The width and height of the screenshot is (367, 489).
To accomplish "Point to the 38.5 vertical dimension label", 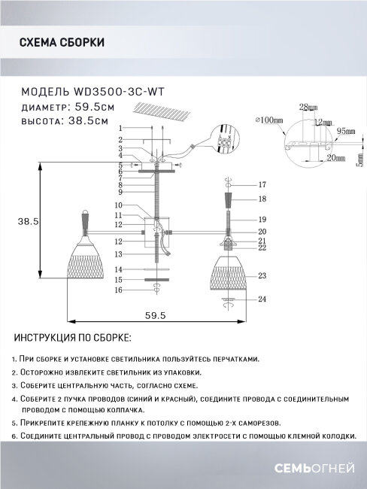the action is click(29, 220).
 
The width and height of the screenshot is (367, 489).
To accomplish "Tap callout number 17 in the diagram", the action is click(262, 184).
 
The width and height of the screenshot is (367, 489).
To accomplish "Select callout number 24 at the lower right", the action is click(262, 300).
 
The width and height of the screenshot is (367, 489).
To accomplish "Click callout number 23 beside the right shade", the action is click(262, 276).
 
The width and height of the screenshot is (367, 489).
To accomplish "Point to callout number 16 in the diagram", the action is click(118, 289).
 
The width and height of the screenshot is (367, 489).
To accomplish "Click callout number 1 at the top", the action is click(119, 130).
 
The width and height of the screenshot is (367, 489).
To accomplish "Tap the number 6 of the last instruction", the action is click(14, 436).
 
